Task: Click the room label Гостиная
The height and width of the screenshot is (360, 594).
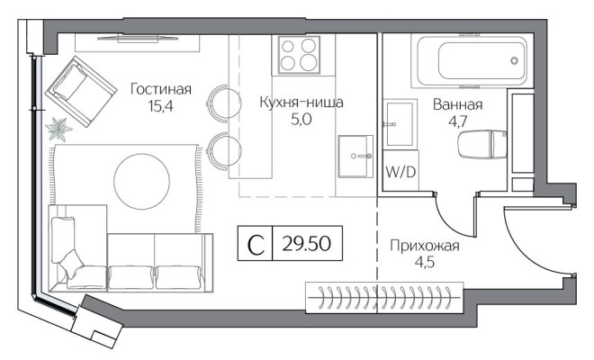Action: point(161,89)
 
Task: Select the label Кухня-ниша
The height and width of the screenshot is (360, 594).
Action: point(301,103)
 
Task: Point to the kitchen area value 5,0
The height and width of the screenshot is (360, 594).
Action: point(300,121)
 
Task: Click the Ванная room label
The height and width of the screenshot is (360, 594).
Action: point(458,104)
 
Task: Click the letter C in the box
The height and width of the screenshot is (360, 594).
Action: point(256,244)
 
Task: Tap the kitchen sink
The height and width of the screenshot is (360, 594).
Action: point(356,155)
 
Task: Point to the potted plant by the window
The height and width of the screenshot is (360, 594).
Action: point(61,129)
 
